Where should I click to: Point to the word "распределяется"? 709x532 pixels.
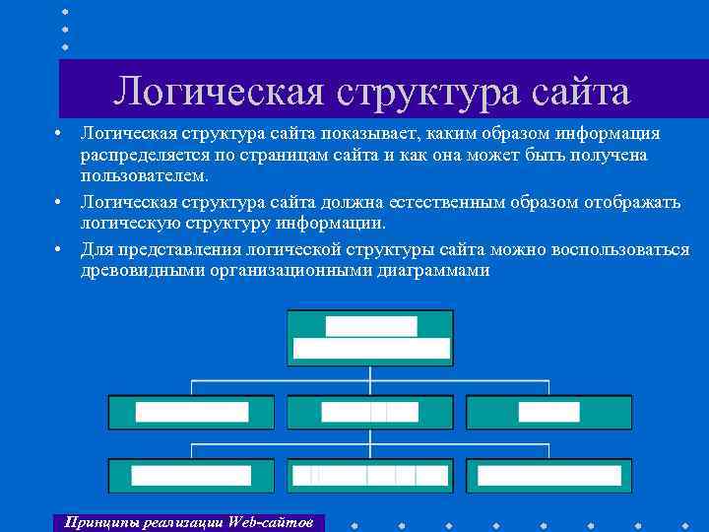143,155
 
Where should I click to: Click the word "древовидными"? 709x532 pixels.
142,269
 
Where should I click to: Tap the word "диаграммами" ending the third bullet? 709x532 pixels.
433,269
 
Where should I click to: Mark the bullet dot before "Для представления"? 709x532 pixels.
60,248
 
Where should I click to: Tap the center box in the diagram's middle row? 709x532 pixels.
370,412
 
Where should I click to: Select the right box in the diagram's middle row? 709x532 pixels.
548,412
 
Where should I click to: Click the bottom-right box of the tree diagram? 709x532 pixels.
548,475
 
